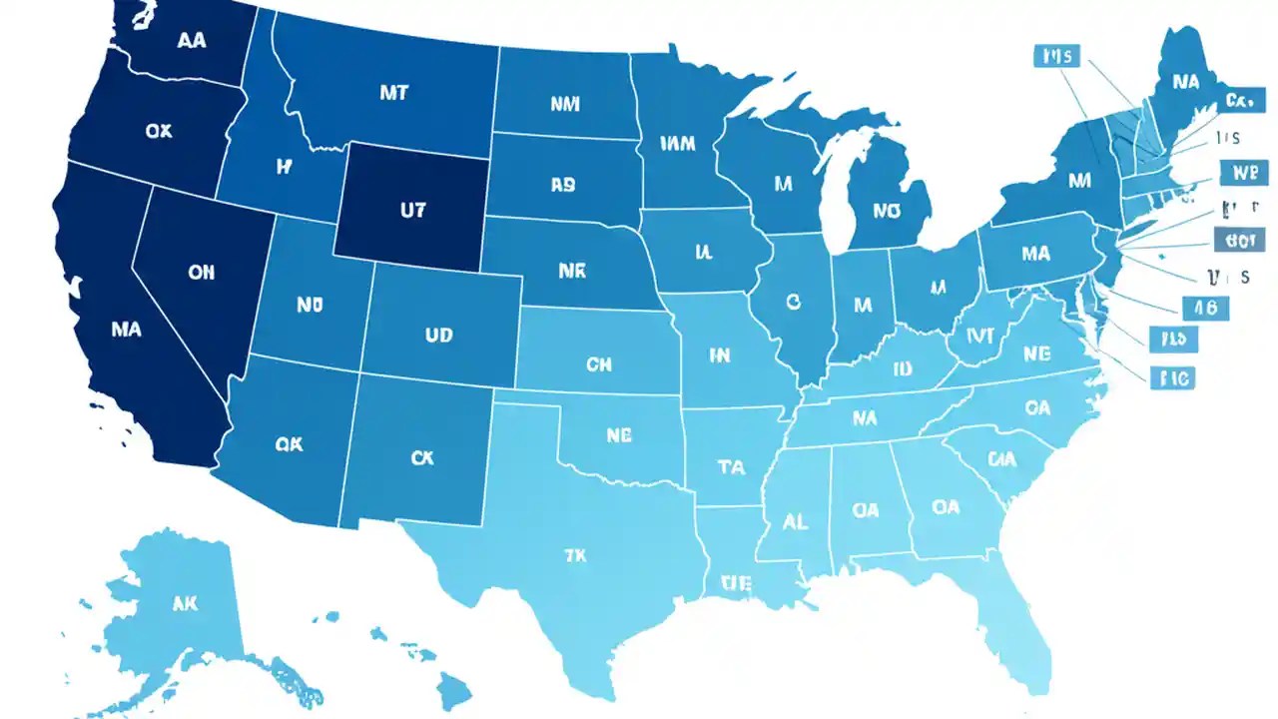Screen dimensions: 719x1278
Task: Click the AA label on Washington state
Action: pyautogui.click(x=192, y=41)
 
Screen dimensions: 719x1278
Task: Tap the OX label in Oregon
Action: pyautogui.click(x=158, y=131)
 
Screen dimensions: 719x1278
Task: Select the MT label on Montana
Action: pyautogui.click(x=394, y=91)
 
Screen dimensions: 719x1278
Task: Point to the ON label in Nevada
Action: pyautogui.click(x=201, y=272)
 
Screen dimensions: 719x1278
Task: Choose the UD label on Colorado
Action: pyautogui.click(x=438, y=336)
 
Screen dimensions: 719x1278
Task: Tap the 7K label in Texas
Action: pyautogui.click(x=575, y=554)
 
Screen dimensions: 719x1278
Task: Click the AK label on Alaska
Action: pyautogui.click(x=185, y=603)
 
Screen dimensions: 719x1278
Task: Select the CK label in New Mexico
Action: pyautogui.click(x=422, y=457)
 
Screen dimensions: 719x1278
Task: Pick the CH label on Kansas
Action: pyautogui.click(x=598, y=364)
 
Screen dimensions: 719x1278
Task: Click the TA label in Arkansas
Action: pyautogui.click(x=731, y=466)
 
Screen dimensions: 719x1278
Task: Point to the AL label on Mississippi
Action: pyautogui.click(x=796, y=521)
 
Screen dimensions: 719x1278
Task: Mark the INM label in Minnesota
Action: pyautogui.click(x=678, y=144)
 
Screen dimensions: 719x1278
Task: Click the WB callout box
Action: pyautogui.click(x=1243, y=172)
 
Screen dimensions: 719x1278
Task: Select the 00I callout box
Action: pyautogui.click(x=1238, y=240)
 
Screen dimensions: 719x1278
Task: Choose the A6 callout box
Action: pyautogui.click(x=1205, y=308)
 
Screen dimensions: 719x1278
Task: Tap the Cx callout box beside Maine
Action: pyautogui.click(x=1238, y=101)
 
